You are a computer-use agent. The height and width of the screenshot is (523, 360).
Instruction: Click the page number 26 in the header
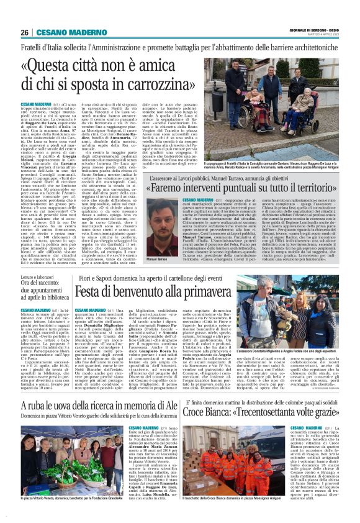(25, 33)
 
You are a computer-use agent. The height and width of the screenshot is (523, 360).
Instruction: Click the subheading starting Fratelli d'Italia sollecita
(180, 47)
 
